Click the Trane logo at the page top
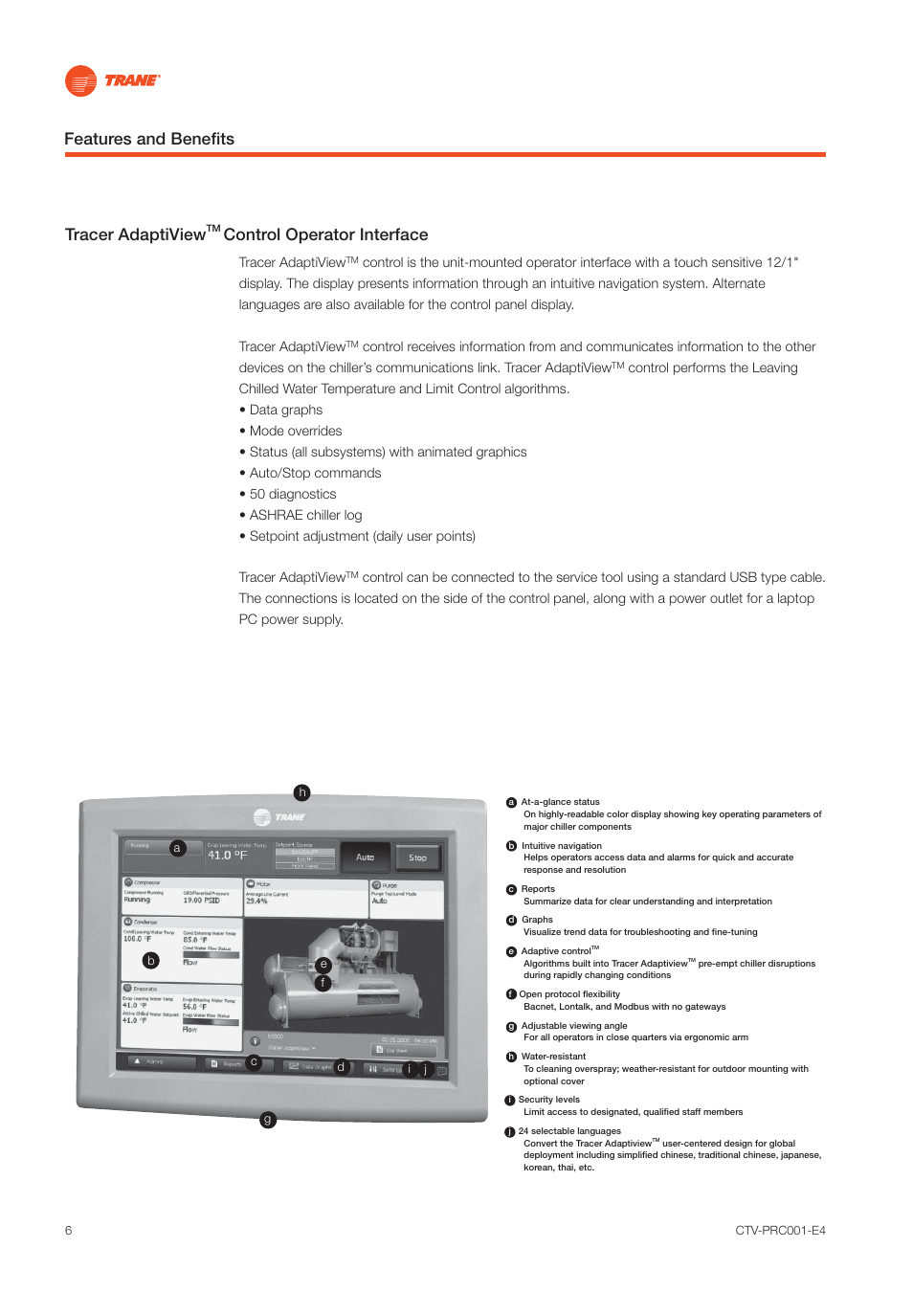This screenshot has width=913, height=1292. click(x=111, y=81)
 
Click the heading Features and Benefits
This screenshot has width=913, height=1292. click(x=149, y=139)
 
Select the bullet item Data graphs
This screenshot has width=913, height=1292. click(x=285, y=410)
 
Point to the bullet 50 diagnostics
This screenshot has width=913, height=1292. click(x=292, y=494)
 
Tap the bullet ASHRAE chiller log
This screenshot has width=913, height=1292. click(x=305, y=515)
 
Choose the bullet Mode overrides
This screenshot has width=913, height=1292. click(x=295, y=431)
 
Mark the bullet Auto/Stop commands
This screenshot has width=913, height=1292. click(x=315, y=473)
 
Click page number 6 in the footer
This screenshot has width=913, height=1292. click(x=69, y=1231)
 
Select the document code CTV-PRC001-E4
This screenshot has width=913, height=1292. click(x=780, y=1231)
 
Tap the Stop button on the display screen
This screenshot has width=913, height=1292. click(x=417, y=858)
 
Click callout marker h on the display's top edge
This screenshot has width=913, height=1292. click(x=302, y=792)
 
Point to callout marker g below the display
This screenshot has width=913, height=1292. click(x=268, y=1120)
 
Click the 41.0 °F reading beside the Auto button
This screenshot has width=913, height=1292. click(x=228, y=856)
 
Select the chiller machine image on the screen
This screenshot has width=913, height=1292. click(x=345, y=971)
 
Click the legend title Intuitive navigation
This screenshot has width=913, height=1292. click(x=561, y=846)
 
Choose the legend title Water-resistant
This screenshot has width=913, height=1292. click(x=553, y=1057)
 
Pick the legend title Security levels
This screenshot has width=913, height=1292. click(x=548, y=1100)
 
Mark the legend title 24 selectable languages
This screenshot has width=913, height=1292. click(x=569, y=1131)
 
